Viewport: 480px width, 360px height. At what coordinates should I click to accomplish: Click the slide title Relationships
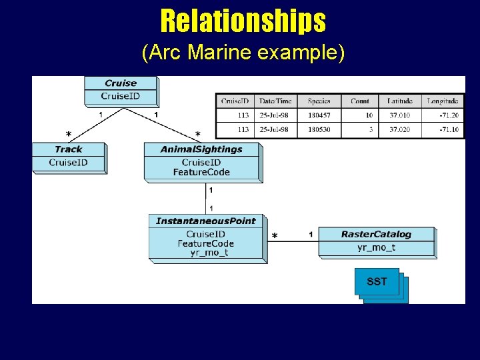tap(243, 21)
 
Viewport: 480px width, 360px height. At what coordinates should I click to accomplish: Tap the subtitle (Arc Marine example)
tap(243, 53)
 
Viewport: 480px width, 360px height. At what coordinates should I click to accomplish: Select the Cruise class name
tap(121, 83)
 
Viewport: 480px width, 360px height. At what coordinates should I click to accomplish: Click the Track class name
tap(69, 149)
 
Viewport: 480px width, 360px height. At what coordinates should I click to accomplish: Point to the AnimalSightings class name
tap(201, 149)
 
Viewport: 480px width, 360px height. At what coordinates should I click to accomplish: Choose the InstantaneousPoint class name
tap(205, 221)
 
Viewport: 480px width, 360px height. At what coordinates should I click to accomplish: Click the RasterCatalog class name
tap(376, 234)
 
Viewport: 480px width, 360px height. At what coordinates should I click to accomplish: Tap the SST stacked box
tap(377, 282)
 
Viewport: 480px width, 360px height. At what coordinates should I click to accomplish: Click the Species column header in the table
tap(319, 101)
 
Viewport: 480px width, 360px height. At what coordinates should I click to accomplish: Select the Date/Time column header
tap(275, 101)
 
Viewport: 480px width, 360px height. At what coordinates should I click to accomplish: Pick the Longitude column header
tap(443, 101)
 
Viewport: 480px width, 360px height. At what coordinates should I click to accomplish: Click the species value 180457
tap(319, 115)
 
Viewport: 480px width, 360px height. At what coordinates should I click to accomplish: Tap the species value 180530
tap(319, 129)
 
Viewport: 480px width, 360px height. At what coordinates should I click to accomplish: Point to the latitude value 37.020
tap(401, 129)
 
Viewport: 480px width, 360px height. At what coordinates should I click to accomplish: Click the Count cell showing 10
tap(369, 115)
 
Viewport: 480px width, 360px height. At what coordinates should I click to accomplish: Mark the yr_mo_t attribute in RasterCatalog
tap(376, 247)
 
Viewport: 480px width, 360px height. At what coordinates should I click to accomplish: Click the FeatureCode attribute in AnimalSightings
tap(201, 172)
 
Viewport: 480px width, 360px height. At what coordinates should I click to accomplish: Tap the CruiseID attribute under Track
tap(69, 163)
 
